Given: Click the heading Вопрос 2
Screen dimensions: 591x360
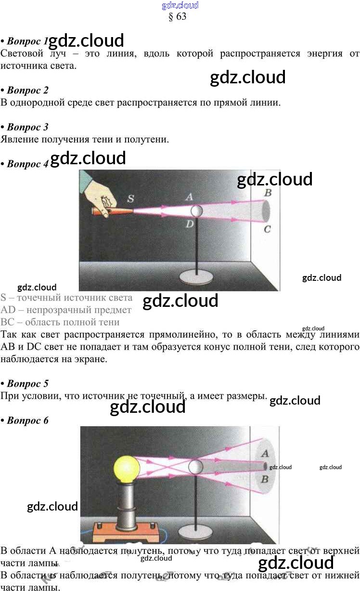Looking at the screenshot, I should (x=27, y=90).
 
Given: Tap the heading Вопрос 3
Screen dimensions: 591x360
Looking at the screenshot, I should (x=27, y=127).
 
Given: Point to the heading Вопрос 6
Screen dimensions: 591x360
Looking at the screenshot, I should (x=27, y=420).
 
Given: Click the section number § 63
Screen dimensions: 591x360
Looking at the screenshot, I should (x=178, y=16).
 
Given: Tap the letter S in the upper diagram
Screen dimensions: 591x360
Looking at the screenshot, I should (x=131, y=198).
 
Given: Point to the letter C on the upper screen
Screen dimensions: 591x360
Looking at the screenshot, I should (x=267, y=229).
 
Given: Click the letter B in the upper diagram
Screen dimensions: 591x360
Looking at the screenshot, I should (x=268, y=193).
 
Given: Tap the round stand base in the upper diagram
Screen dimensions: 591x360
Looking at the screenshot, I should (x=198, y=277).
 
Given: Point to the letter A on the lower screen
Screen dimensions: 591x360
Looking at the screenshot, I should (x=264, y=453).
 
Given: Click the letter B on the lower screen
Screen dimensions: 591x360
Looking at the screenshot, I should (x=264, y=480).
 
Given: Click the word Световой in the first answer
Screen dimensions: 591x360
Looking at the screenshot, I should (x=23, y=54).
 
